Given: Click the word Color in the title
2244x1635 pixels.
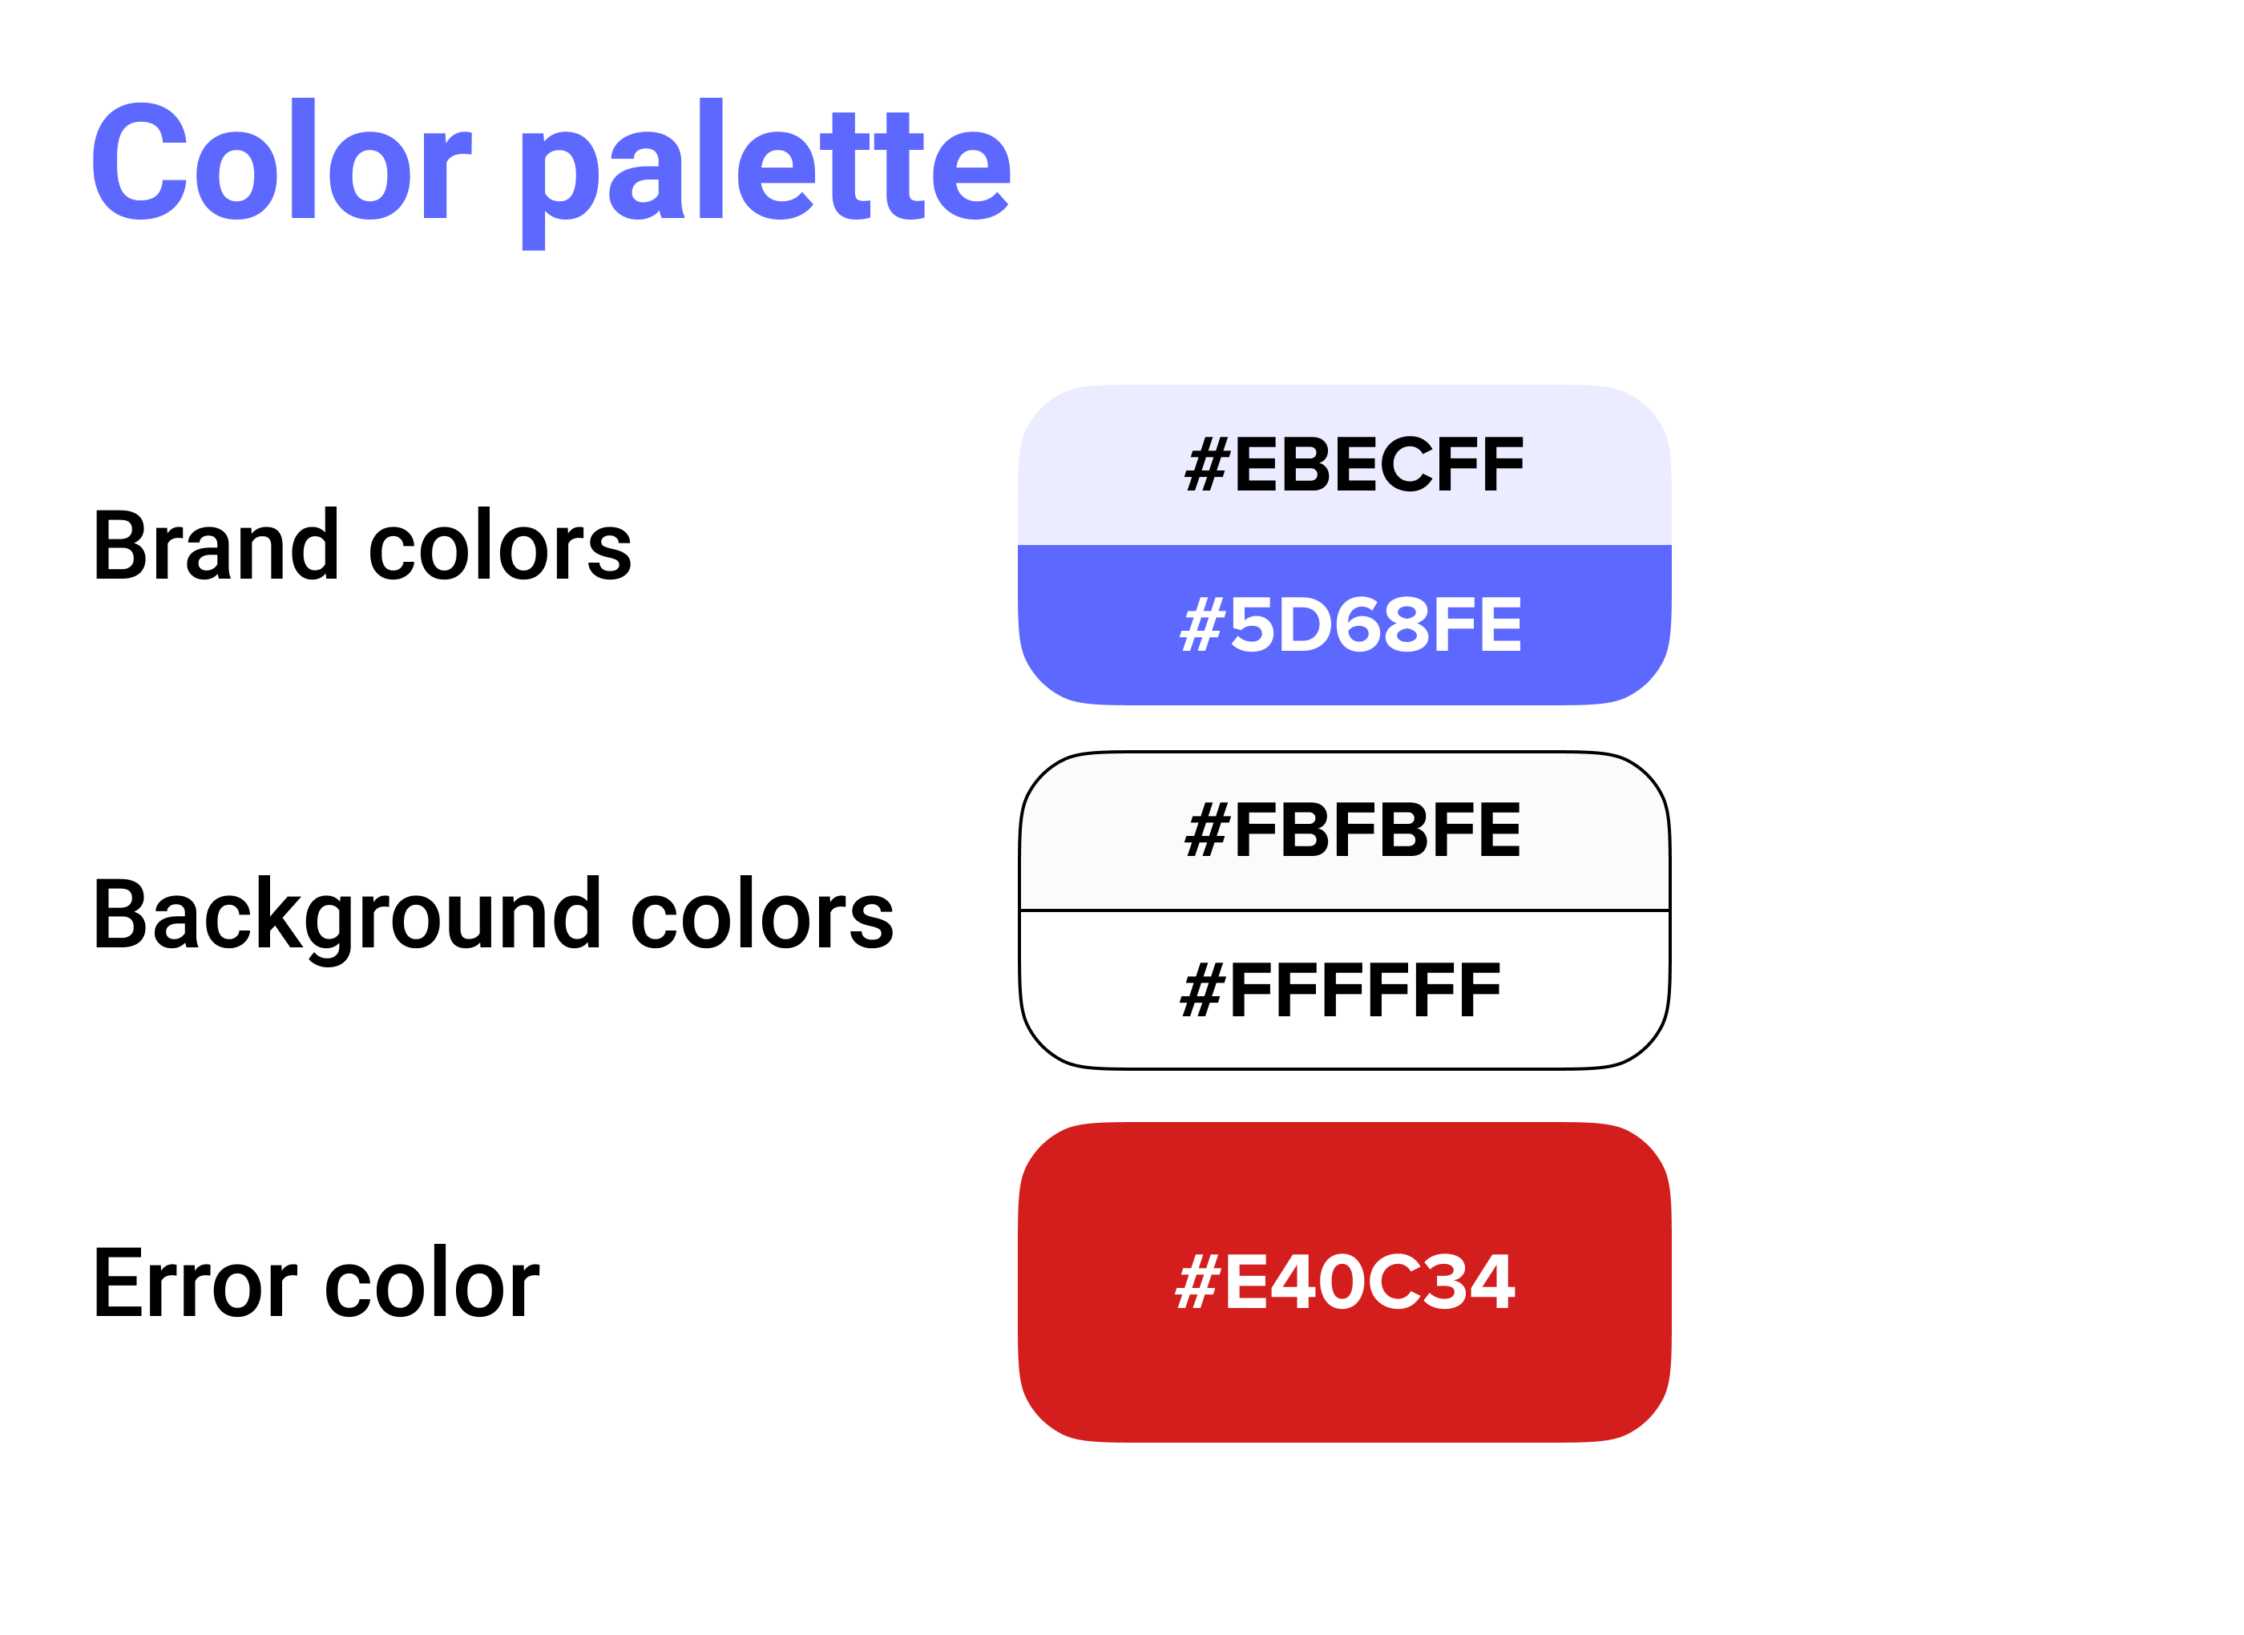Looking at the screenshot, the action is tap(282, 160).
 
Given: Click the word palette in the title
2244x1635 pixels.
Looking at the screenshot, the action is tap(767, 173).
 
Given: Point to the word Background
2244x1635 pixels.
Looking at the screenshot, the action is tap(347, 916).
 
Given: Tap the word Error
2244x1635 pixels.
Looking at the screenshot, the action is tap(195, 1284).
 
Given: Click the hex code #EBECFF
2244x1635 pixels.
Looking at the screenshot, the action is tap(1354, 464).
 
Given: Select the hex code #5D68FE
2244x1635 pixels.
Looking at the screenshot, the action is tap(1351, 624).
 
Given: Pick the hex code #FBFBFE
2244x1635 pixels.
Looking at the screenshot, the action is tap(1353, 830).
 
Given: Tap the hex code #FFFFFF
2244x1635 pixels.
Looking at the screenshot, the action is tap(1340, 990).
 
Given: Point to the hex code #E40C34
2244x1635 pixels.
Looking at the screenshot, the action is tap(1345, 1282).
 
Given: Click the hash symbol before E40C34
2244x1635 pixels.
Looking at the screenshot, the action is tap(1197, 1282).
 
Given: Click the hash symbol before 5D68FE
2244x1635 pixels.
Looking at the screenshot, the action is tap(1203, 624).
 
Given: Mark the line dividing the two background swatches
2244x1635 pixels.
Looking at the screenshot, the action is tap(1345, 910).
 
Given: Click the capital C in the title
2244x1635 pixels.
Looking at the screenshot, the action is tap(140, 160).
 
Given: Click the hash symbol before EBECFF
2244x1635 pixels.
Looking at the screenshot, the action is tap(1207, 464).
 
